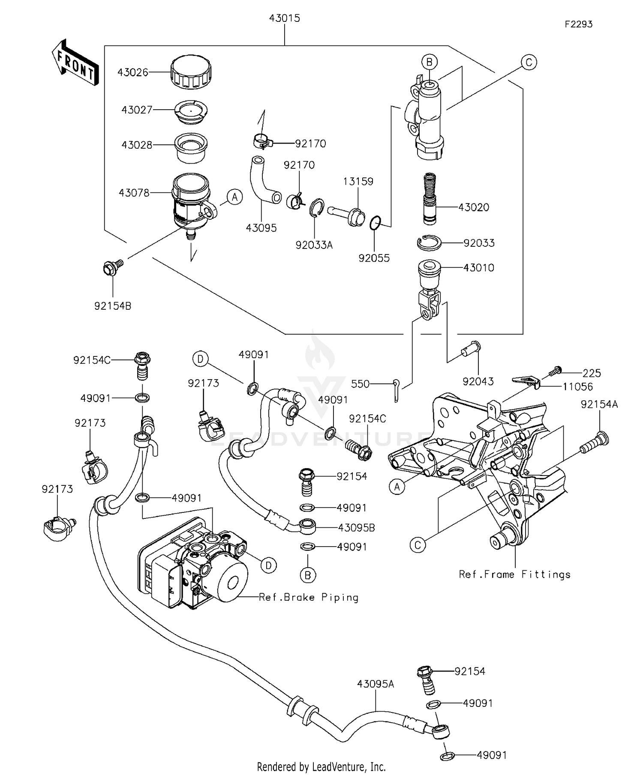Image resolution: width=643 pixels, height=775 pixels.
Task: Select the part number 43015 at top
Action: [x=284, y=18]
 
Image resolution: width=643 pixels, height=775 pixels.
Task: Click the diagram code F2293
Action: [x=578, y=24]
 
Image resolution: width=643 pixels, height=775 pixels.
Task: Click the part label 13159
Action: [x=358, y=181]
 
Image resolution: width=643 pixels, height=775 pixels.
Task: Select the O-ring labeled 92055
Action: [x=375, y=223]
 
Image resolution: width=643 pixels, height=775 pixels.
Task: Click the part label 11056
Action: [x=577, y=387]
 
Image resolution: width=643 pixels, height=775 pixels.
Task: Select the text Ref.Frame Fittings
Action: [x=514, y=575]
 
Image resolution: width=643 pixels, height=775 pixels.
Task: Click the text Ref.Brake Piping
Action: [x=309, y=597]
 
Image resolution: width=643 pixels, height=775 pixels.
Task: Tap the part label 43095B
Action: [x=356, y=528]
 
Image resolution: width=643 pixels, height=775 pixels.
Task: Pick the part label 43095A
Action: [x=376, y=684]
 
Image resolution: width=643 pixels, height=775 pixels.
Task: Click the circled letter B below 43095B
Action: [x=308, y=575]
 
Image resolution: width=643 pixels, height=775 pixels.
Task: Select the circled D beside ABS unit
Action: [x=268, y=566]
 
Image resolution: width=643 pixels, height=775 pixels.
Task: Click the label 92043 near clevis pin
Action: [x=478, y=381]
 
